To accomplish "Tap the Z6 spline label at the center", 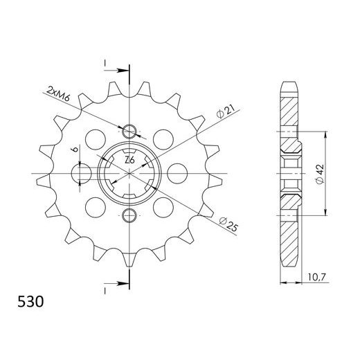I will (x=129, y=161).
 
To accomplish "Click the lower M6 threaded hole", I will (x=129, y=216).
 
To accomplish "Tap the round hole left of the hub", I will (x=82, y=172).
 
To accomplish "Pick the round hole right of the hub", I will (x=177, y=172).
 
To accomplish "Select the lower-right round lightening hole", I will (x=166, y=206).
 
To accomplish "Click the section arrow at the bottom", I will (x=118, y=282).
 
